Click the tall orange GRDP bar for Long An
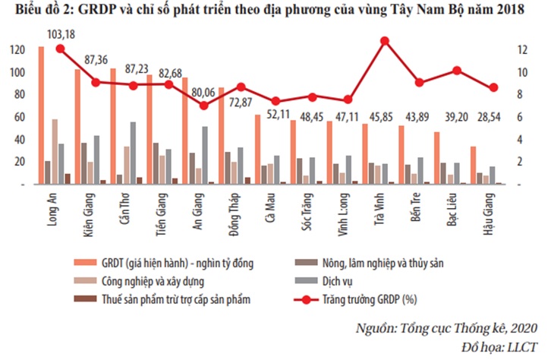[x=41, y=114]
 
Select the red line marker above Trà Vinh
[x=384, y=40]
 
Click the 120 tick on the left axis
[x=16, y=50]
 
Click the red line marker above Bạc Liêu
[x=457, y=71]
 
